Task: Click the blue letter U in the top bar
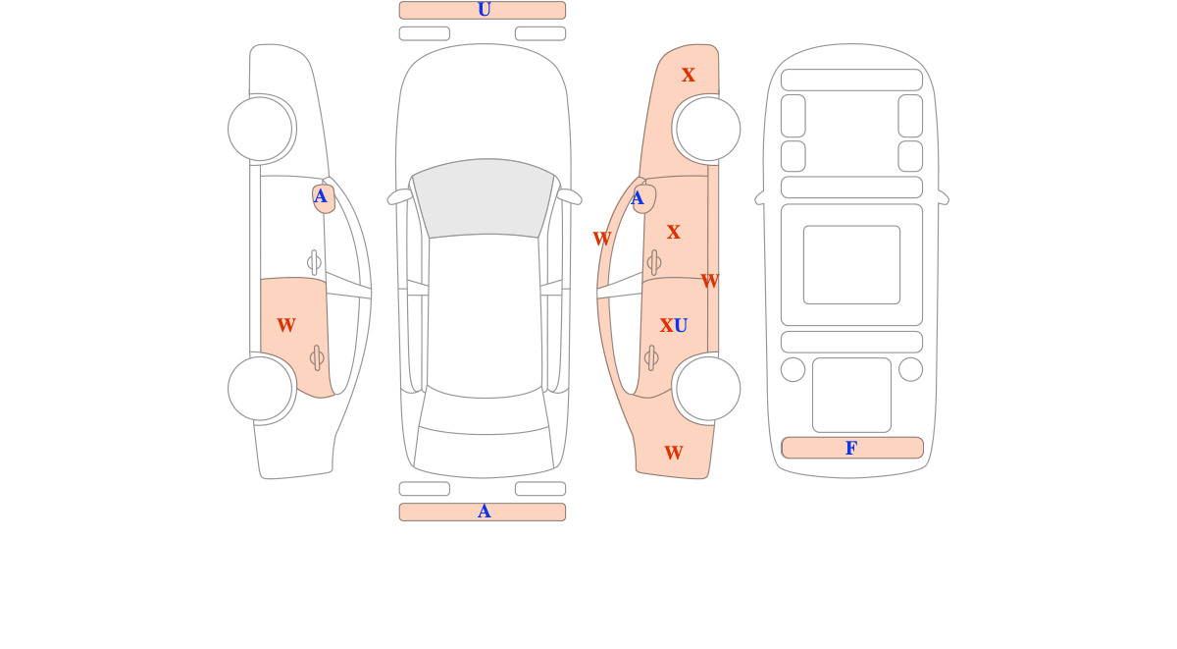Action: tap(484, 10)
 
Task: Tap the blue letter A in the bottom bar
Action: tap(484, 512)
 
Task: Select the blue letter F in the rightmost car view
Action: tap(851, 448)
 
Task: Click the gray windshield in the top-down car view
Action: tap(484, 198)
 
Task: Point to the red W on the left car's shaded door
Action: tap(286, 325)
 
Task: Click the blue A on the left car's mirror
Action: tap(320, 196)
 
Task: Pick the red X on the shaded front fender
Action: tap(688, 76)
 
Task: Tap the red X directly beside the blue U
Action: tap(666, 326)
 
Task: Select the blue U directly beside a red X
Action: tap(681, 326)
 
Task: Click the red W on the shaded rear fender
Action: tap(674, 453)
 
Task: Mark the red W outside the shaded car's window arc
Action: tap(601, 239)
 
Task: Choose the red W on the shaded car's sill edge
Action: tap(709, 282)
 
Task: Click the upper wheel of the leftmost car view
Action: tap(260, 129)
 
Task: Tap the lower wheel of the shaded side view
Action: tap(708, 389)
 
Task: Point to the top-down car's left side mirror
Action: tap(400, 196)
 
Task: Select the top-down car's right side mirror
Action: tap(569, 196)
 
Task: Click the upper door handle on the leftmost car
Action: tap(314, 262)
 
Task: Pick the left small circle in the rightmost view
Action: tap(793, 369)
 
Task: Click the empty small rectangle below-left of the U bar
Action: tap(425, 33)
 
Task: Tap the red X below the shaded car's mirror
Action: tap(673, 232)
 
